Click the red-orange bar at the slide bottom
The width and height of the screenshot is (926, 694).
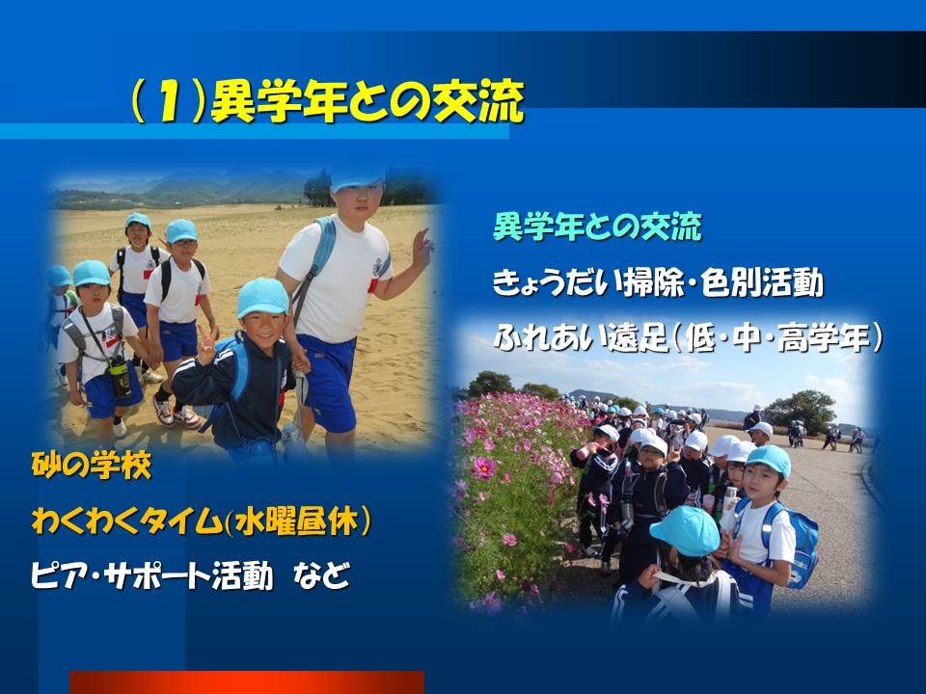[246, 681]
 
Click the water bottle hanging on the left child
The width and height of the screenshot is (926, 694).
[120, 378]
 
